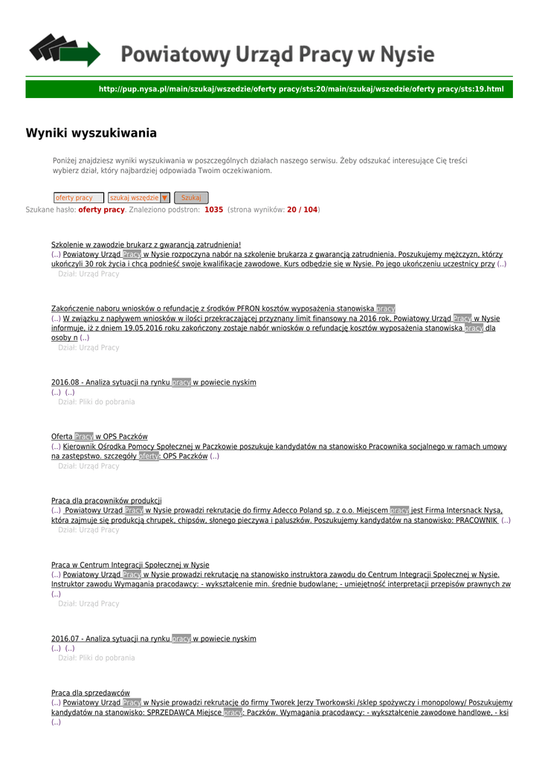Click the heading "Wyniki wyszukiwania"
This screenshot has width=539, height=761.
[x=91, y=134]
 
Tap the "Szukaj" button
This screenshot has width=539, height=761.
[x=191, y=198]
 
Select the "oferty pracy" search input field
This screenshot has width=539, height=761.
[x=78, y=198]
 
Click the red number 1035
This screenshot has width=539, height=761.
[x=214, y=210]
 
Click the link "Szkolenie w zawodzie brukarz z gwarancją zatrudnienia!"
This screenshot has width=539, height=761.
[x=146, y=245]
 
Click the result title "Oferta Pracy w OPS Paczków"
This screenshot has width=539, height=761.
[x=99, y=436]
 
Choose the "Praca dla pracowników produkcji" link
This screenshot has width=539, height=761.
[x=106, y=501]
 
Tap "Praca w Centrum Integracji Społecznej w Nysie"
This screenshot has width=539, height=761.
[x=130, y=565]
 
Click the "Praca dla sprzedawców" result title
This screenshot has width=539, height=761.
[x=90, y=693]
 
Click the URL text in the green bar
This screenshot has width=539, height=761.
[x=301, y=90]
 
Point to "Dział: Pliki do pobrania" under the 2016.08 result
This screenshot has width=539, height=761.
[x=97, y=402]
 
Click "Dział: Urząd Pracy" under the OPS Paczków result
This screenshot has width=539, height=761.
[x=88, y=466]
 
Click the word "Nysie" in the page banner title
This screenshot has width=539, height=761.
[x=407, y=55]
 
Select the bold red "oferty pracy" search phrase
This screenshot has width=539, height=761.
[x=102, y=210]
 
